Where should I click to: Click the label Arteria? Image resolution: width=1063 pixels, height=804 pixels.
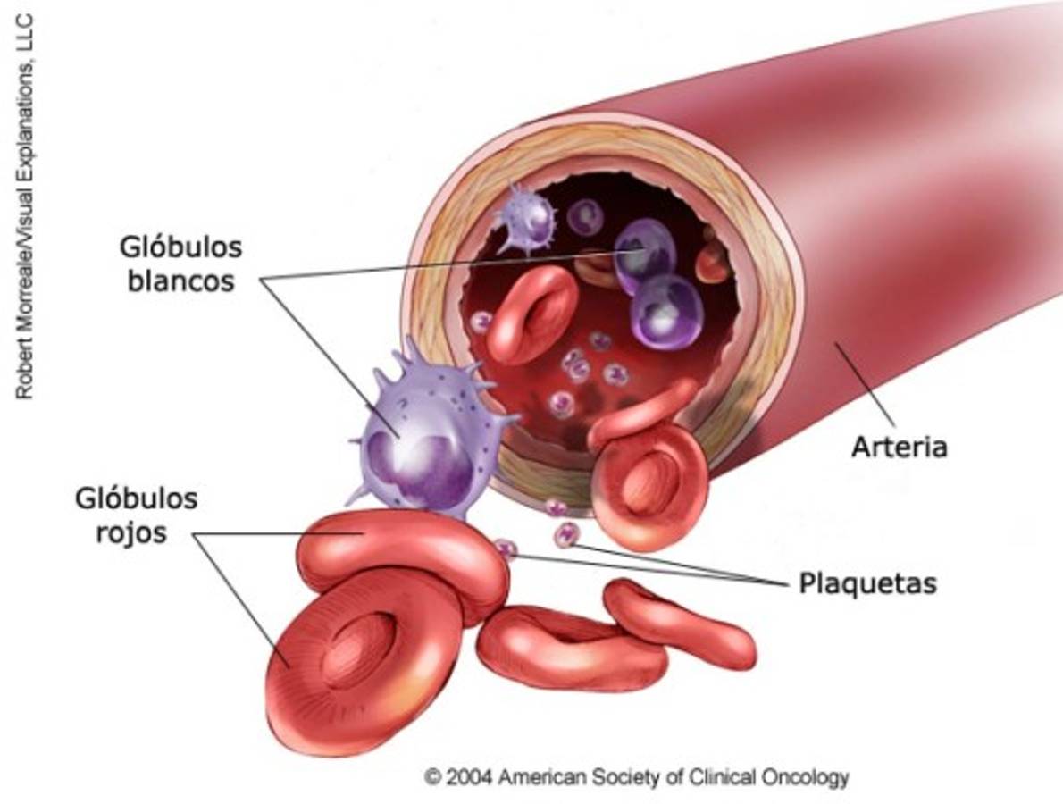pyautogui.click(x=899, y=448)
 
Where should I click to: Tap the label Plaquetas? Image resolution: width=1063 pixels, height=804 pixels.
pyautogui.click(x=867, y=583)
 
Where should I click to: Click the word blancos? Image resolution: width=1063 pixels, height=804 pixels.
pyautogui.click(x=181, y=281)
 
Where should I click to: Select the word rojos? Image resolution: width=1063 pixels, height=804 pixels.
pyautogui.click(x=131, y=532)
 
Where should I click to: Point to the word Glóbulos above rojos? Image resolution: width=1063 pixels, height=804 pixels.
pyautogui.click(x=137, y=498)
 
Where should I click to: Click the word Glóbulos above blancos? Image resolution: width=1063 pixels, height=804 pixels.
pyautogui.click(x=181, y=247)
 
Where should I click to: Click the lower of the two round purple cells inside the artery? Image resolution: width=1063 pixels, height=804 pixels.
pyautogui.click(x=667, y=312)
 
